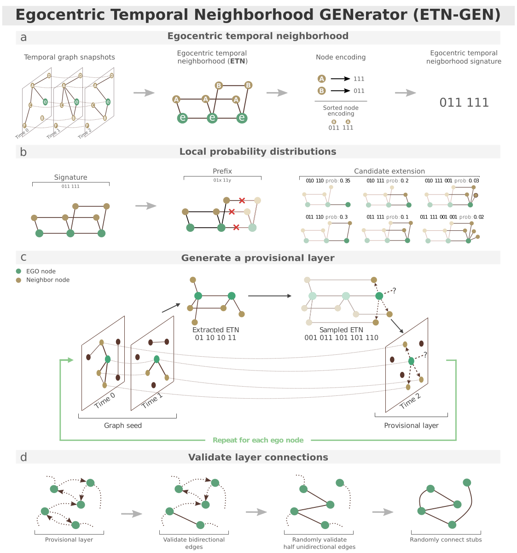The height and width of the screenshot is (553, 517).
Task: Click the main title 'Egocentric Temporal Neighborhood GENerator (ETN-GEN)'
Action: (258, 15)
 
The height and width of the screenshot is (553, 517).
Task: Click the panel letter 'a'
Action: (23, 37)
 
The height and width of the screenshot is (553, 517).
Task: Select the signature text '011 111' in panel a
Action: (464, 102)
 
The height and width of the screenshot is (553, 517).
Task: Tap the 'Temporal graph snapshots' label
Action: (70, 57)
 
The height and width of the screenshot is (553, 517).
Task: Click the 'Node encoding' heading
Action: (341, 57)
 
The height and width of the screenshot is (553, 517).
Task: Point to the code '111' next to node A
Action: (359, 79)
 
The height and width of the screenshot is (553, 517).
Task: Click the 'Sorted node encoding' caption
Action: (341, 111)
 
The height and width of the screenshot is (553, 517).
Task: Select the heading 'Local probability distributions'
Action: (258, 152)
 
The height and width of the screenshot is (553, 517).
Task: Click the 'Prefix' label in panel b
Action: (222, 171)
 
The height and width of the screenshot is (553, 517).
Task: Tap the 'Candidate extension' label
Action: (389, 171)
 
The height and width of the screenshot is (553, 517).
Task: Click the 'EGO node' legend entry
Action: (41, 271)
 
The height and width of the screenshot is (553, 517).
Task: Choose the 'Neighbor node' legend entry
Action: (47, 280)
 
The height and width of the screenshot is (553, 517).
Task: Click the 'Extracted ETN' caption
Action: (215, 330)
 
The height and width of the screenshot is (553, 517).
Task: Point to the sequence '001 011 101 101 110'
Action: (341, 338)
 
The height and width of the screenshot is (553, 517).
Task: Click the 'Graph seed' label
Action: (123, 425)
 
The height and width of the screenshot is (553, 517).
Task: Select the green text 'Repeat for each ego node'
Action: (258, 440)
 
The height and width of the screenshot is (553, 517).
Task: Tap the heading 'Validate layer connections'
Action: (258, 457)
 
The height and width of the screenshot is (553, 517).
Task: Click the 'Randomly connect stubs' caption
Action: (446, 540)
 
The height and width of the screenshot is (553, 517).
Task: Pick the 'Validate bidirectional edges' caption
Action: (194, 543)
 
